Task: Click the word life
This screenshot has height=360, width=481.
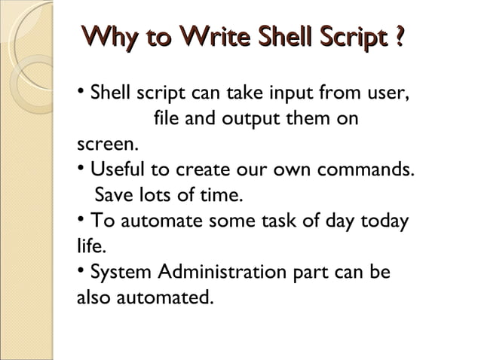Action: (90, 246)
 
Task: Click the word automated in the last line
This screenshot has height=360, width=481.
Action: (164, 297)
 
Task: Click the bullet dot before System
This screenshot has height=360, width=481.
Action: (81, 270)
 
